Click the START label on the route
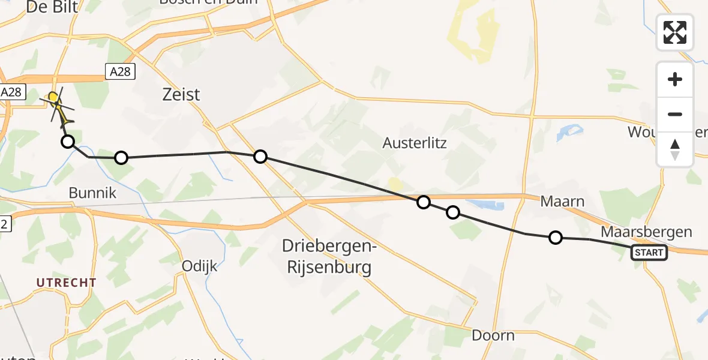coord(649,253)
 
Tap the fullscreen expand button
coord(675,32)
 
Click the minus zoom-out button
coord(675,114)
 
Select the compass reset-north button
coord(675,149)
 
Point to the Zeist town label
coord(181,94)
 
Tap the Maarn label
coord(562,201)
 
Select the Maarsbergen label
coord(646,232)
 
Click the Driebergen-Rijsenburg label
coord(326,256)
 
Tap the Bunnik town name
coord(92,193)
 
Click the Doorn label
coord(493,335)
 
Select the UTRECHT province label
coord(66,282)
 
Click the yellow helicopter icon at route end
coord(56,101)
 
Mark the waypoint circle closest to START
coord(556,238)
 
